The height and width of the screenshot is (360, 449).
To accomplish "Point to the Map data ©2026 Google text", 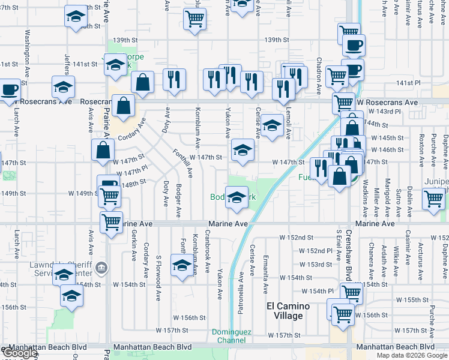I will (x=412, y=355).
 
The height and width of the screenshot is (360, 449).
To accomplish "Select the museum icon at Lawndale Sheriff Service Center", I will (x=101, y=267).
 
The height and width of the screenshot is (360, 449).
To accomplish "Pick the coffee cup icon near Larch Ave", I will (x=9, y=91).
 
